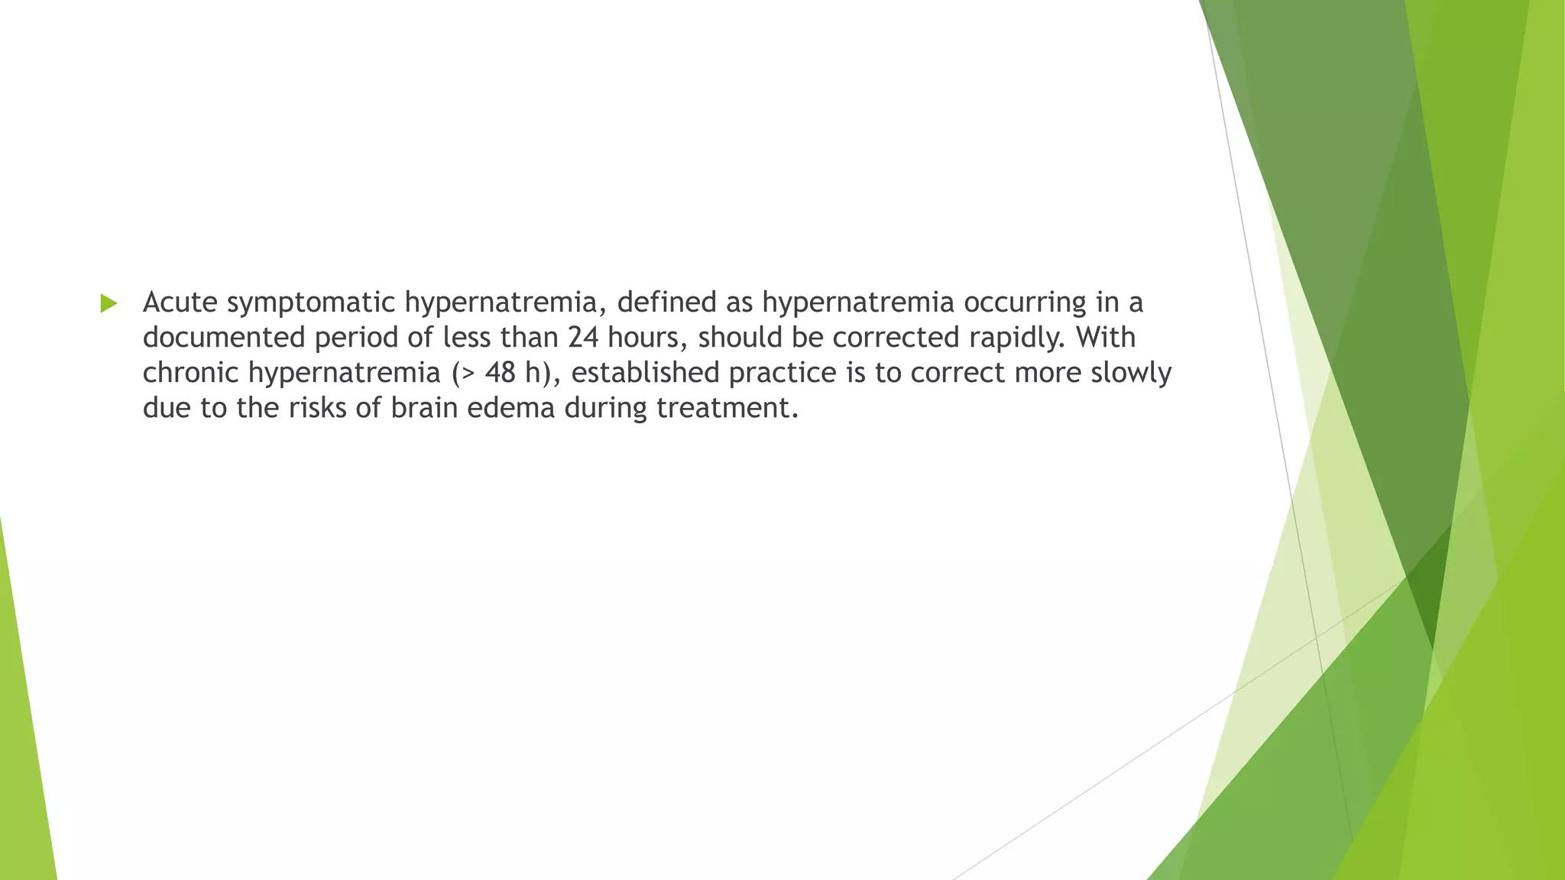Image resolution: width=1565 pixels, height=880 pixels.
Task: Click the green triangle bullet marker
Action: click(x=109, y=303)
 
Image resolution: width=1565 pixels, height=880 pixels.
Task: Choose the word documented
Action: click(x=224, y=338)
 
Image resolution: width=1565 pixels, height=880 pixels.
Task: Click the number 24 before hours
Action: click(x=583, y=338)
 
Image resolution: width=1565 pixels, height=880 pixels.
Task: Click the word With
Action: click(x=1105, y=338)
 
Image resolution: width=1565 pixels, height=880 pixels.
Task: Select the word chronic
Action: click(x=191, y=373)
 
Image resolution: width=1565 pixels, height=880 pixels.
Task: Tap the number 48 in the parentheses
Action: click(x=501, y=373)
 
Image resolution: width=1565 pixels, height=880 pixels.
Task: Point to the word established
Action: click(x=645, y=373)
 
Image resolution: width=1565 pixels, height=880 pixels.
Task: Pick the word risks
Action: click(x=319, y=408)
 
